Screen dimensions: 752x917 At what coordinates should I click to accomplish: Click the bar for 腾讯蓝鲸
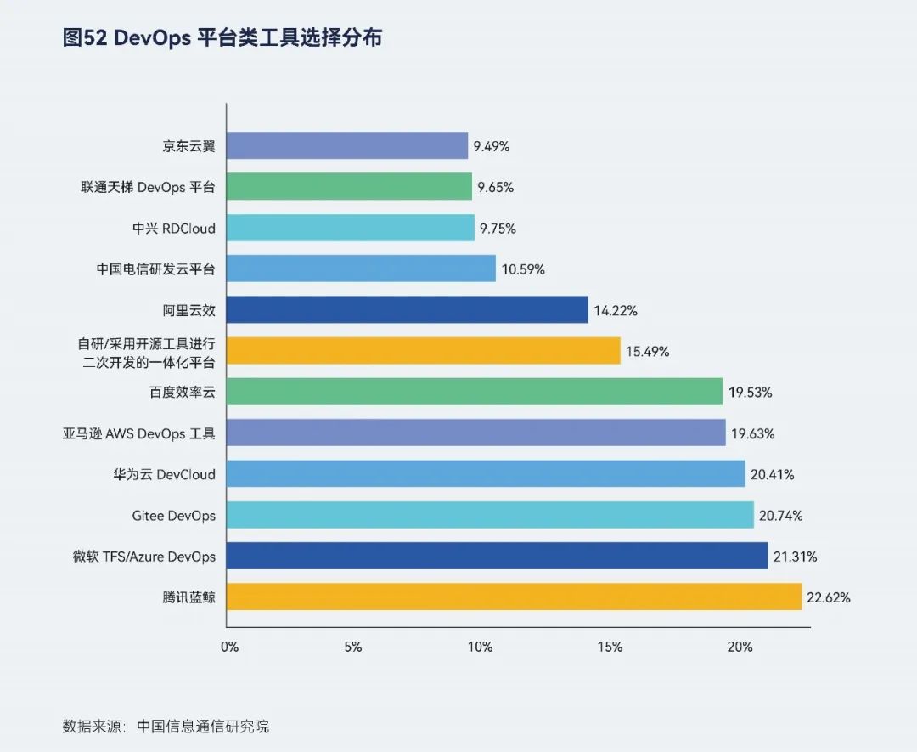point(514,597)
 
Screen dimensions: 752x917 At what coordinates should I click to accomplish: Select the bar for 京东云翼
point(347,145)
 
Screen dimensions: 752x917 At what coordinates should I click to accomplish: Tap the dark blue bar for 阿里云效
point(408,310)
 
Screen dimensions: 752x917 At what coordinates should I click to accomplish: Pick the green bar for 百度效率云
point(475,392)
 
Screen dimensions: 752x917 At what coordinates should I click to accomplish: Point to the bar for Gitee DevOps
point(490,515)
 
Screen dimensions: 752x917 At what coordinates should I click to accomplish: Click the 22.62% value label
point(829,597)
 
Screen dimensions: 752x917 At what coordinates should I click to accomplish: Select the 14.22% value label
point(616,311)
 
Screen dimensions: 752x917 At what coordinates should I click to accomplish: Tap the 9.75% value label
point(498,229)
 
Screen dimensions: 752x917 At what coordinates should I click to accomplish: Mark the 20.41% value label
point(773,475)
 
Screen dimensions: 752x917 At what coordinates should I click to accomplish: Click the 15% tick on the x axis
point(610,647)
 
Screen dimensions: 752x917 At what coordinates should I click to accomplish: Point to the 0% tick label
point(229,647)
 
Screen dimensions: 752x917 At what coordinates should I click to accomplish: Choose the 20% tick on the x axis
point(740,647)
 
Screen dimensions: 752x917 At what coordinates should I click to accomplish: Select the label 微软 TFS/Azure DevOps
point(144,557)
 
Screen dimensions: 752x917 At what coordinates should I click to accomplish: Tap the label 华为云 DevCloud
point(159,475)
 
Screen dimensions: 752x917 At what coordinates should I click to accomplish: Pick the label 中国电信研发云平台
point(156,269)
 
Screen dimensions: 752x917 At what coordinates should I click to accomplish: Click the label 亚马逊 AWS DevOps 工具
point(139,433)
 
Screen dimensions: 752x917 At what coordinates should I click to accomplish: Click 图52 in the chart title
point(84,38)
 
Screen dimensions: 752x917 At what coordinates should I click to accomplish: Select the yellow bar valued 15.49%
point(424,351)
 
